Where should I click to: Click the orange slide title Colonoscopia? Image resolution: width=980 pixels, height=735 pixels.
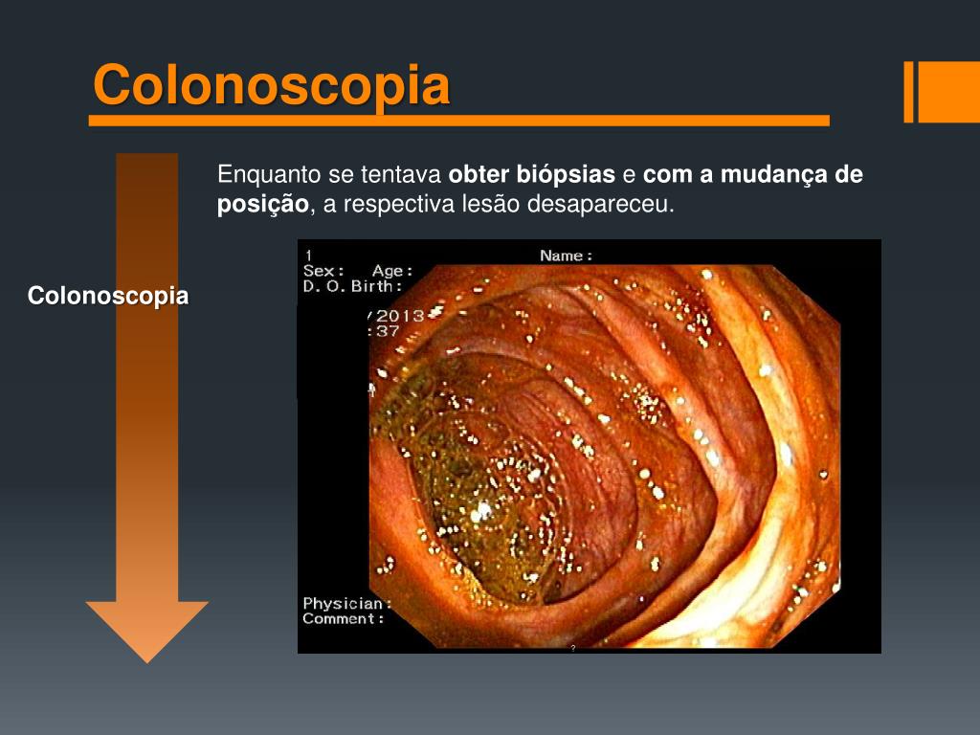271,86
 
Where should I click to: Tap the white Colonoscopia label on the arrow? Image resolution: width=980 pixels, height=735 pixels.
108,296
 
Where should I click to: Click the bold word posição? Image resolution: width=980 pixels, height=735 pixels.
263,205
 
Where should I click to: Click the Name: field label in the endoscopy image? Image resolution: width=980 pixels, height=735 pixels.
566,256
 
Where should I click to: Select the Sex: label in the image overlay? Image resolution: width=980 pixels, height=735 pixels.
323,271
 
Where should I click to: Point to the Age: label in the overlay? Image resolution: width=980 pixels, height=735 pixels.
392,271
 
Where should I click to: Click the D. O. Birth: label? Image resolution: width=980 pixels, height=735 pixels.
352,286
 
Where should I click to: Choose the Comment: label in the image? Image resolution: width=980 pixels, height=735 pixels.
344,619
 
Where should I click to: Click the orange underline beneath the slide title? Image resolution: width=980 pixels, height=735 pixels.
459,122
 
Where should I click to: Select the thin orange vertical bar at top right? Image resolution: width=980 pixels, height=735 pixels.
909,92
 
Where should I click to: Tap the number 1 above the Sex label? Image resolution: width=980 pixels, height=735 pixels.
308,255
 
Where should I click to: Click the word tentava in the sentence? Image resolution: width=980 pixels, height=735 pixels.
404,175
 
